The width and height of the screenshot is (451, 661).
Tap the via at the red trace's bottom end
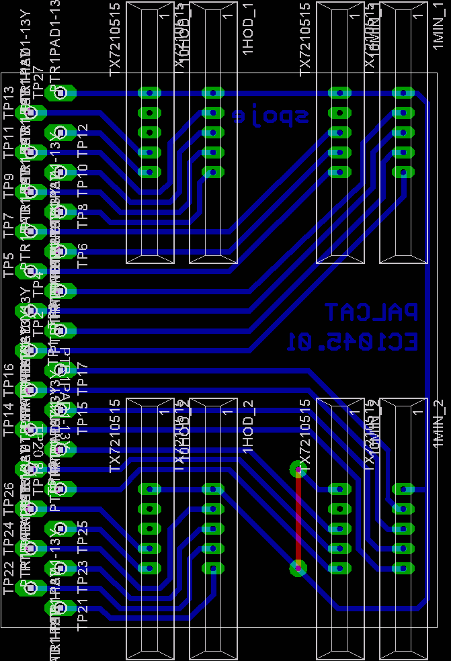click(x=298, y=568)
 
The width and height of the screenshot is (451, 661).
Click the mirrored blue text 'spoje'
click(x=271, y=117)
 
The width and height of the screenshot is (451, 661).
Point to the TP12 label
click(x=83, y=137)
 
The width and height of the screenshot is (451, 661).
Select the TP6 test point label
click(x=83, y=256)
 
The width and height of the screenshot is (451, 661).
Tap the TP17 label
click(x=83, y=375)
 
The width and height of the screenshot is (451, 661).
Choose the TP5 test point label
click(x=9, y=265)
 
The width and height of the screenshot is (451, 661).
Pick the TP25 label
click(x=83, y=534)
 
